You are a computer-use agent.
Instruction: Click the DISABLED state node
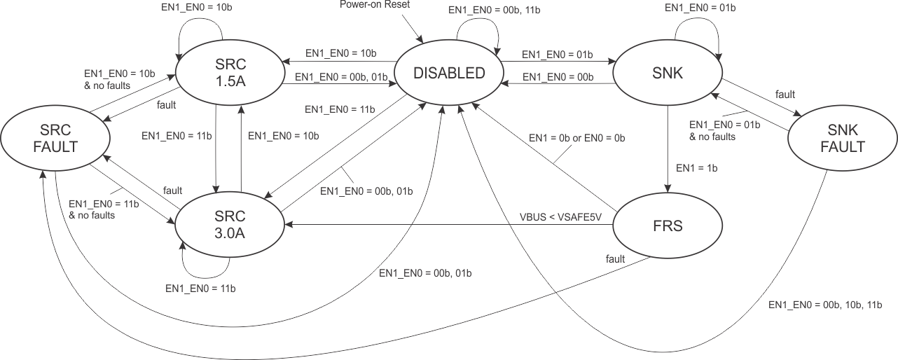pos(448,73)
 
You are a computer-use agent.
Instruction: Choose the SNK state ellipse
pos(667,73)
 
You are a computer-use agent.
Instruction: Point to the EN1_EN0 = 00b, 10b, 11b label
pos(824,305)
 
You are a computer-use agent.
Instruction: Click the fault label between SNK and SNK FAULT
pos(785,94)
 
